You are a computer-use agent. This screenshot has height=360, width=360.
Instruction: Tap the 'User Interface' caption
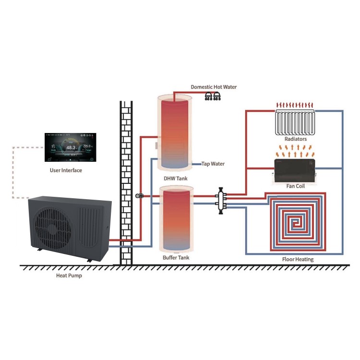[x=66, y=170]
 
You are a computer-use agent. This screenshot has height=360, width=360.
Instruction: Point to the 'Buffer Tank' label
[x=176, y=258]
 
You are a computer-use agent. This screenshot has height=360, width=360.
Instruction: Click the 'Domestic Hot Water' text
[x=214, y=87]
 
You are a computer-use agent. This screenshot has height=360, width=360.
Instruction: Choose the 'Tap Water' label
[x=213, y=164]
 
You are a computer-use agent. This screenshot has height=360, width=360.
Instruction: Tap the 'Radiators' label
[x=296, y=139]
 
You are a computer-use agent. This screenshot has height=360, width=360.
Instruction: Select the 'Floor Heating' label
[x=298, y=260]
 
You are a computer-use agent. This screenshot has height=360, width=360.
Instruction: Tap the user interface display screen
[x=70, y=148]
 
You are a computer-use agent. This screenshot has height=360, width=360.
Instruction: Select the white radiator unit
[x=295, y=122]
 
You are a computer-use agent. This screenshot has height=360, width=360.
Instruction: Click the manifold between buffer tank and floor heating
[x=221, y=199]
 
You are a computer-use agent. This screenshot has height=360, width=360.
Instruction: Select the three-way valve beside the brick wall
[x=139, y=196]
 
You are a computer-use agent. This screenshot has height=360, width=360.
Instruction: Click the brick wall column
[x=126, y=182]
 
